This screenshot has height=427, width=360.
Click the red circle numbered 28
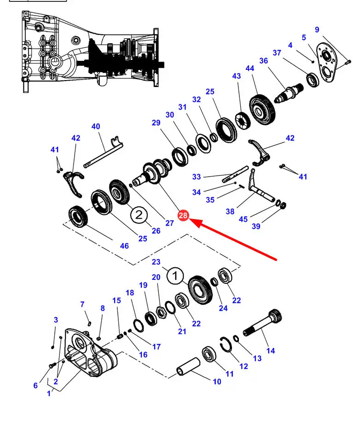click(183, 215)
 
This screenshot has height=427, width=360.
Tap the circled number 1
click(175, 277)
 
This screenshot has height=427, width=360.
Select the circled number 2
click(139, 214)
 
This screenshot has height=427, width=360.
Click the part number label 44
click(250, 69)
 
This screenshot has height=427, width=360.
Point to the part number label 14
click(271, 351)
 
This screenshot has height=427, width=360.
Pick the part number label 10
click(217, 381)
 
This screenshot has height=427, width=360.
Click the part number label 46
click(124, 246)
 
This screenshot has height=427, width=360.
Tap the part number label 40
click(96, 127)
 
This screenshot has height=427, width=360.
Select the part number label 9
click(317, 30)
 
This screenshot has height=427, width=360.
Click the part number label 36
click(263, 61)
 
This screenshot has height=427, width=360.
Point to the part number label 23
click(156, 262)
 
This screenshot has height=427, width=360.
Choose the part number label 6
click(35, 385)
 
